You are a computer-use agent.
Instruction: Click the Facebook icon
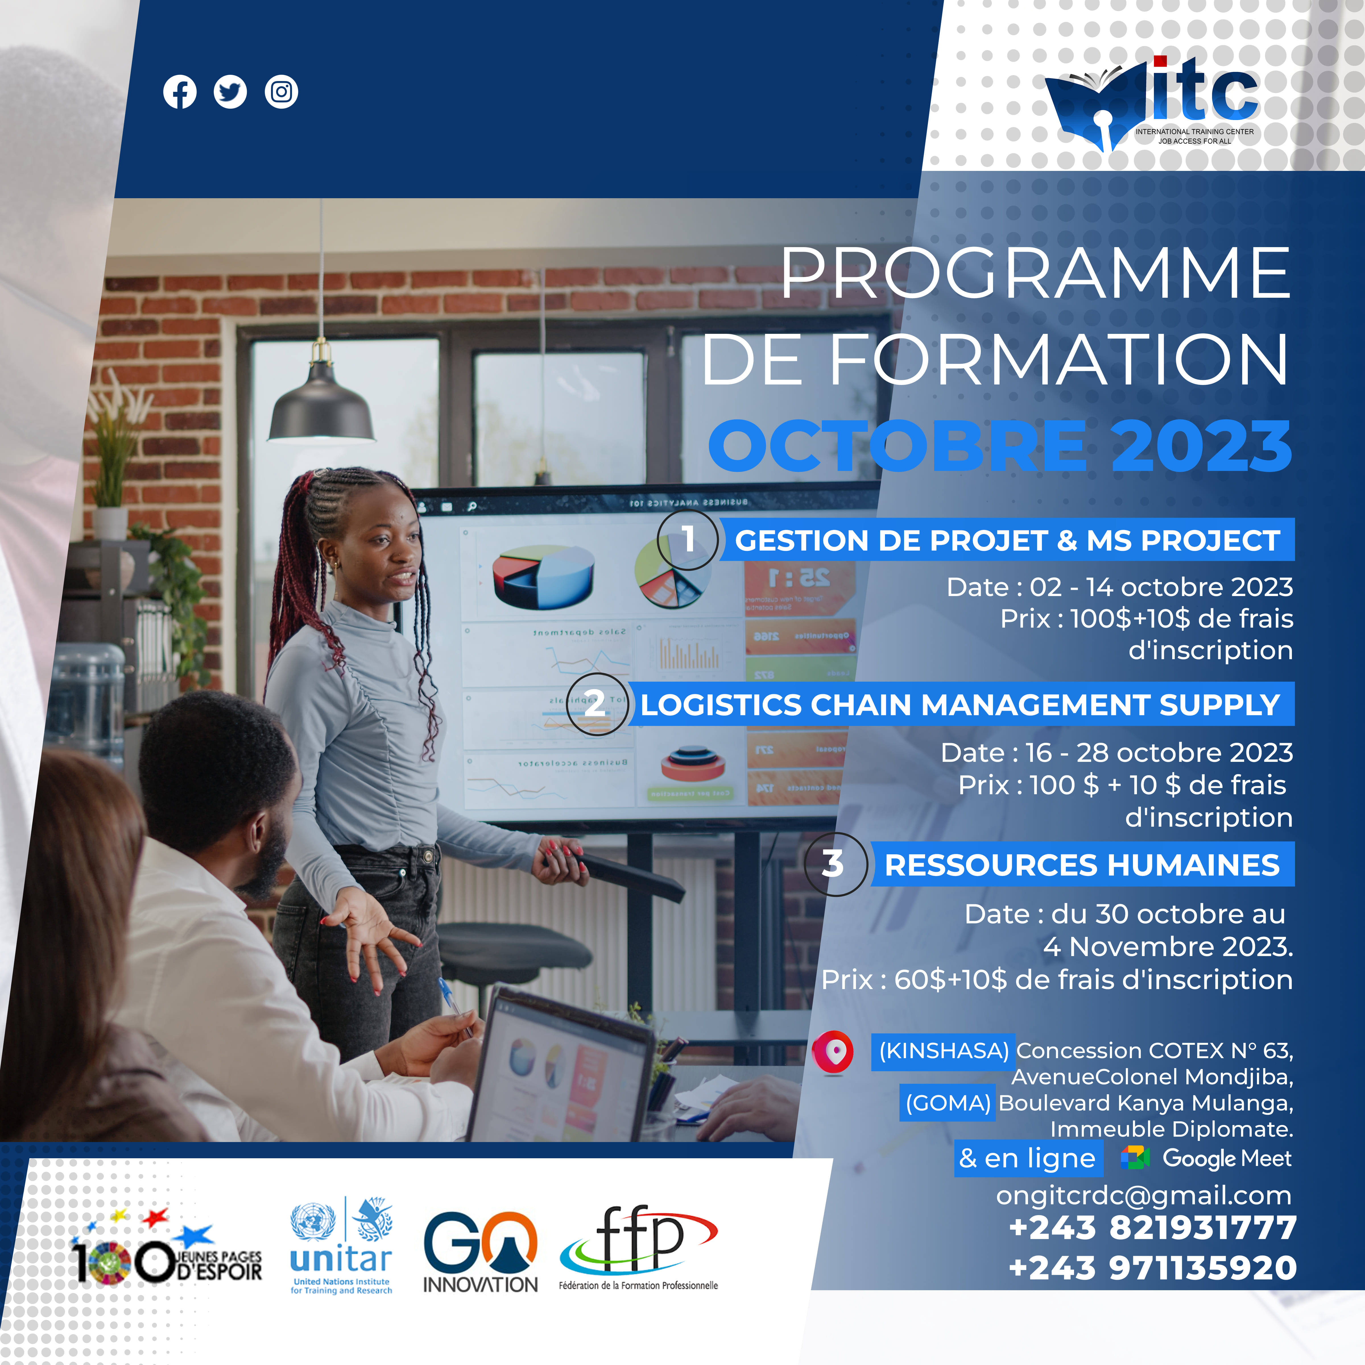(x=179, y=92)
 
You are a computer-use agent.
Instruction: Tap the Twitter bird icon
(x=230, y=92)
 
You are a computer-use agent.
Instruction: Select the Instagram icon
(x=281, y=92)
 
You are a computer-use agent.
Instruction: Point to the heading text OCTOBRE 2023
(x=1000, y=446)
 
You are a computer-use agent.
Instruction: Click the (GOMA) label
(x=948, y=1103)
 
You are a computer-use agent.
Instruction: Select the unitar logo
(x=341, y=1246)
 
